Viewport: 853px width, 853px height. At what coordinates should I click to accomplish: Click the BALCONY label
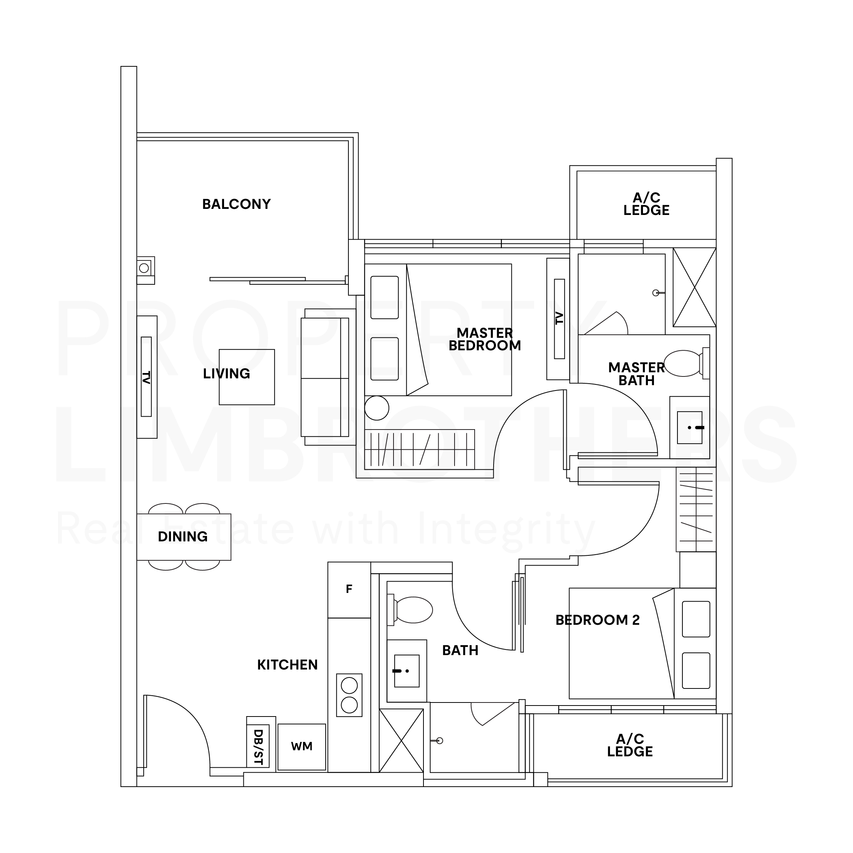[x=236, y=204]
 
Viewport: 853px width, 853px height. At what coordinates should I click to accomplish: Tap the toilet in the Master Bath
[x=686, y=363]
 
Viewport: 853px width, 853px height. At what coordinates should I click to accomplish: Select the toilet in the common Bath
[x=410, y=610]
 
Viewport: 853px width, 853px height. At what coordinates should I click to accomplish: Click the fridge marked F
[x=349, y=590]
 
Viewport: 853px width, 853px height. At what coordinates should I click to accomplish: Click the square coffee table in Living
[x=247, y=377]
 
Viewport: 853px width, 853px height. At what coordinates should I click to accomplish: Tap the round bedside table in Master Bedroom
[x=376, y=408]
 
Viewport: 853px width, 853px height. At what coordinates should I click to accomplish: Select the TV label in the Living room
[x=146, y=377]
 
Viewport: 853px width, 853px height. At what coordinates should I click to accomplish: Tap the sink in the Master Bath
[x=690, y=427]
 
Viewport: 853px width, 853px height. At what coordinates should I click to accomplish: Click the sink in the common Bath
[x=407, y=671]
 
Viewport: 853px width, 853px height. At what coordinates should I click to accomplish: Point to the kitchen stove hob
[x=349, y=695]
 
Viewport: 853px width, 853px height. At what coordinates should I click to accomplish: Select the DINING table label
[x=183, y=536]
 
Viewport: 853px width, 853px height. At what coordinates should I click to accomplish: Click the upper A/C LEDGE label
[x=646, y=204]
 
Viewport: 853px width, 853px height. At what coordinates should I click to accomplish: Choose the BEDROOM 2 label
[x=597, y=620]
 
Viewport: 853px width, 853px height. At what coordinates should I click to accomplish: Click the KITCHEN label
[x=287, y=665]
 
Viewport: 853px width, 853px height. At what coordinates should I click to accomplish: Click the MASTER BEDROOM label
[x=485, y=339]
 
